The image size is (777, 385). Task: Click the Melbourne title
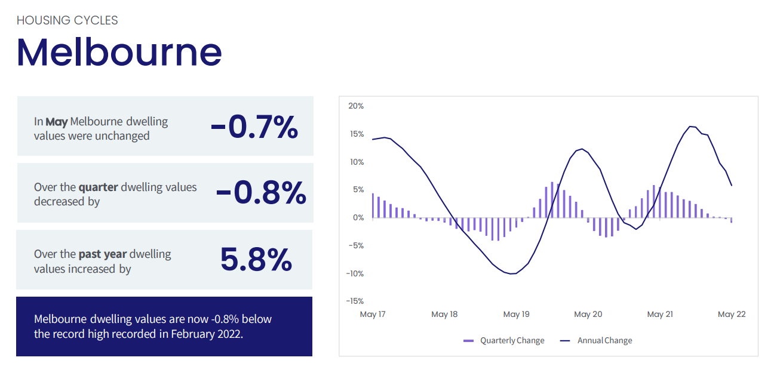click(x=119, y=53)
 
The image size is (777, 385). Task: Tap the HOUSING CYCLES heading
click(x=67, y=20)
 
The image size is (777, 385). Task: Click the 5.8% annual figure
click(x=256, y=259)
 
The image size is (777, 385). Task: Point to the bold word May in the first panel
click(x=57, y=122)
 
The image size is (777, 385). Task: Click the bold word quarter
click(x=98, y=187)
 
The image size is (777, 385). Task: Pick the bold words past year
click(x=102, y=254)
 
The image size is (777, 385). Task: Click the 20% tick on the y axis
click(x=356, y=106)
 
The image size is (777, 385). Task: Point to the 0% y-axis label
click(x=358, y=218)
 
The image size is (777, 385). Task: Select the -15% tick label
click(x=355, y=301)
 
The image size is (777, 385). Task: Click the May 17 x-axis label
click(x=373, y=315)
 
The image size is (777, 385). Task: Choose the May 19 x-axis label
click(x=516, y=315)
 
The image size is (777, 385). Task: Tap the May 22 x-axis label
click(x=732, y=315)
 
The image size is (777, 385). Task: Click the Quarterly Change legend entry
click(x=503, y=341)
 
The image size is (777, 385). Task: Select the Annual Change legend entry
click(x=596, y=341)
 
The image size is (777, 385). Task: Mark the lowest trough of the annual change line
click(x=511, y=274)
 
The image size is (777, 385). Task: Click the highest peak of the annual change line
click(x=690, y=127)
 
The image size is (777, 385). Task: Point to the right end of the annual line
click(x=732, y=186)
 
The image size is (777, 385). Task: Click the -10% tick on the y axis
click(x=355, y=274)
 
